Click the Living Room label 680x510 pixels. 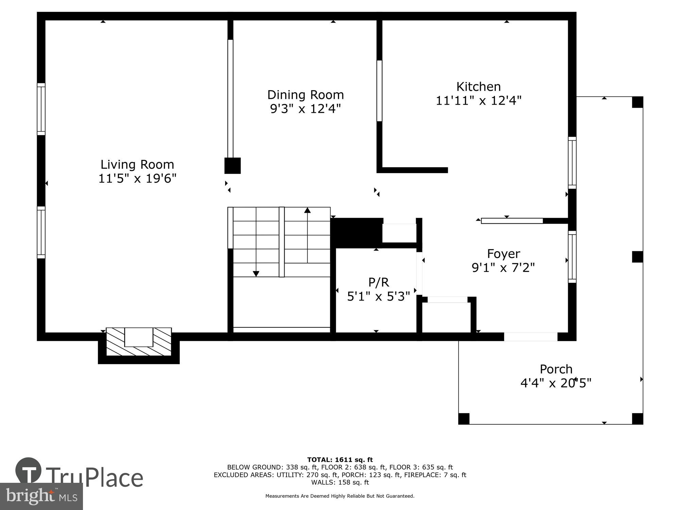pos(137,165)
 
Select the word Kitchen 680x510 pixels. pos(478,87)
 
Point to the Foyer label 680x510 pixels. pos(503,254)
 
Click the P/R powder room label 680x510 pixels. pos(378,282)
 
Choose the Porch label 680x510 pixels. pos(556,369)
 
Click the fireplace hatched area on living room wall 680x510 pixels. pos(139,342)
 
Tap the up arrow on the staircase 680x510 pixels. pos(307,210)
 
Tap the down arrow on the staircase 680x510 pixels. pos(256,273)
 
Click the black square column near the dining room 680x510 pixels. pos(233,166)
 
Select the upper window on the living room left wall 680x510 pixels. pos(41,109)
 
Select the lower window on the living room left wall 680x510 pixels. pos(41,232)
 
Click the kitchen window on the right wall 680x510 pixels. pos(572,163)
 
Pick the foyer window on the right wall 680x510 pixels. pos(572,257)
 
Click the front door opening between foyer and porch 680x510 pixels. pos(530,337)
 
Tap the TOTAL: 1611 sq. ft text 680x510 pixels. pos(340,460)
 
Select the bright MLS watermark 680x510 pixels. pos(41,496)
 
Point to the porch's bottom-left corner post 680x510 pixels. pos(464,419)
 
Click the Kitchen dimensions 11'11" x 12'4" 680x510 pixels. pos(478,101)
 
